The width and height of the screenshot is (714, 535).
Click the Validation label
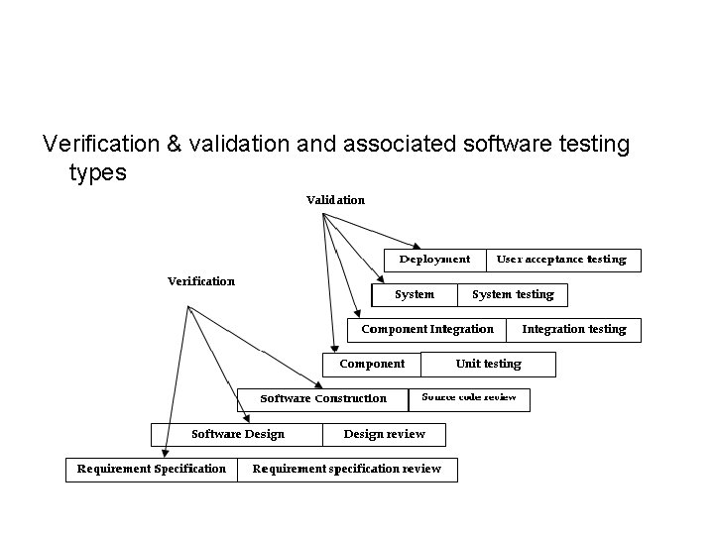pyautogui.click(x=335, y=200)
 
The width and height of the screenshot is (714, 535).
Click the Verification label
pyautogui.click(x=201, y=281)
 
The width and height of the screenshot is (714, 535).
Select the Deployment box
pyautogui.click(x=434, y=260)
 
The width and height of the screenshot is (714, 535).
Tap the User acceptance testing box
pyautogui.click(x=562, y=260)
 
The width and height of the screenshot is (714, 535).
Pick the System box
pyautogui.click(x=415, y=294)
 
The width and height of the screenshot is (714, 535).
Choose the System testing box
pyautogui.click(x=513, y=294)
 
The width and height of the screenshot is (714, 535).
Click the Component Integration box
pyautogui.click(x=427, y=329)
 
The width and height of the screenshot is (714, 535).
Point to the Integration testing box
pyautogui.click(x=574, y=329)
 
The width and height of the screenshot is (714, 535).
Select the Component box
pyautogui.click(x=372, y=364)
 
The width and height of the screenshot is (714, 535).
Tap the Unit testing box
pyautogui.click(x=488, y=364)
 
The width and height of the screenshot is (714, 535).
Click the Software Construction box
pyautogui.click(x=323, y=398)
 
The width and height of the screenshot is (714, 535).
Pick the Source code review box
pyautogui.click(x=469, y=398)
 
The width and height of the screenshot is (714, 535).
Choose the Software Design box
pyautogui.click(x=237, y=434)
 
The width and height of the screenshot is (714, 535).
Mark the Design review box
pyautogui.click(x=384, y=434)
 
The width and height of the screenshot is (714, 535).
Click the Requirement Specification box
pyautogui.click(x=152, y=469)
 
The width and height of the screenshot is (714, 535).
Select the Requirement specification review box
pyautogui.click(x=347, y=469)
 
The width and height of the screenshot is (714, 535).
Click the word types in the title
pyautogui.click(x=98, y=172)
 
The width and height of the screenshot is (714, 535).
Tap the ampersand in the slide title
pyautogui.click(x=175, y=145)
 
